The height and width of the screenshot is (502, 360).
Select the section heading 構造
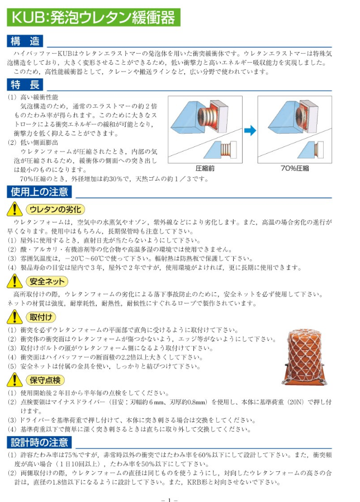tap(25, 41)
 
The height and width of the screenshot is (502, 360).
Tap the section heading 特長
tap(25, 85)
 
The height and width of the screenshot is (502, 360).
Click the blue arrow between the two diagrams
tap(250, 132)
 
